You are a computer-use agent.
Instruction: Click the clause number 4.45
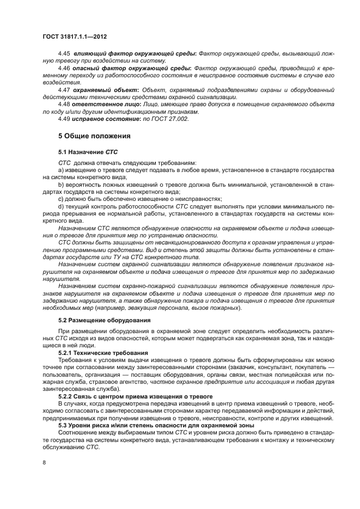(64, 69)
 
